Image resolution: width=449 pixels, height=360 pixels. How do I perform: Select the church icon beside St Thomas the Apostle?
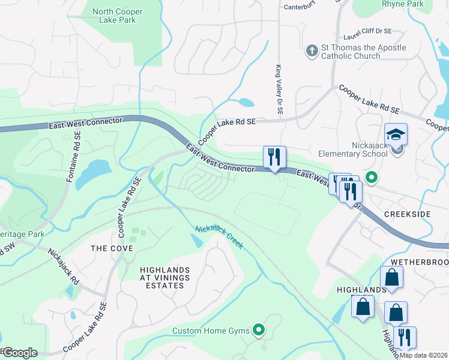click(x=312, y=52)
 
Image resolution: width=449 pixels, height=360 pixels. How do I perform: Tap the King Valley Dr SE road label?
click(x=279, y=90)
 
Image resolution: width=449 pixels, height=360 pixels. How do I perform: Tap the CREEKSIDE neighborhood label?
click(x=408, y=215)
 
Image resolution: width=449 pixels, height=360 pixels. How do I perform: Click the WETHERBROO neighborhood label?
click(x=419, y=263)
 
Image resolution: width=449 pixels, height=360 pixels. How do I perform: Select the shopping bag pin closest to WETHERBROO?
click(x=391, y=278)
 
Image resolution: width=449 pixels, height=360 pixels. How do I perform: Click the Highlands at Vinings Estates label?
click(x=164, y=278)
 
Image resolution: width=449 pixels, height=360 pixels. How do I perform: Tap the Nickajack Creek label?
click(x=219, y=237)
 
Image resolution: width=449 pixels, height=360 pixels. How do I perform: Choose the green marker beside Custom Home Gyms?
click(x=259, y=329)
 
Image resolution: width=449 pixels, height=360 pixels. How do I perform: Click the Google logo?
click(x=20, y=353)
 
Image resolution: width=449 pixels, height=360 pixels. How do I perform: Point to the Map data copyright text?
click(x=423, y=355)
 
